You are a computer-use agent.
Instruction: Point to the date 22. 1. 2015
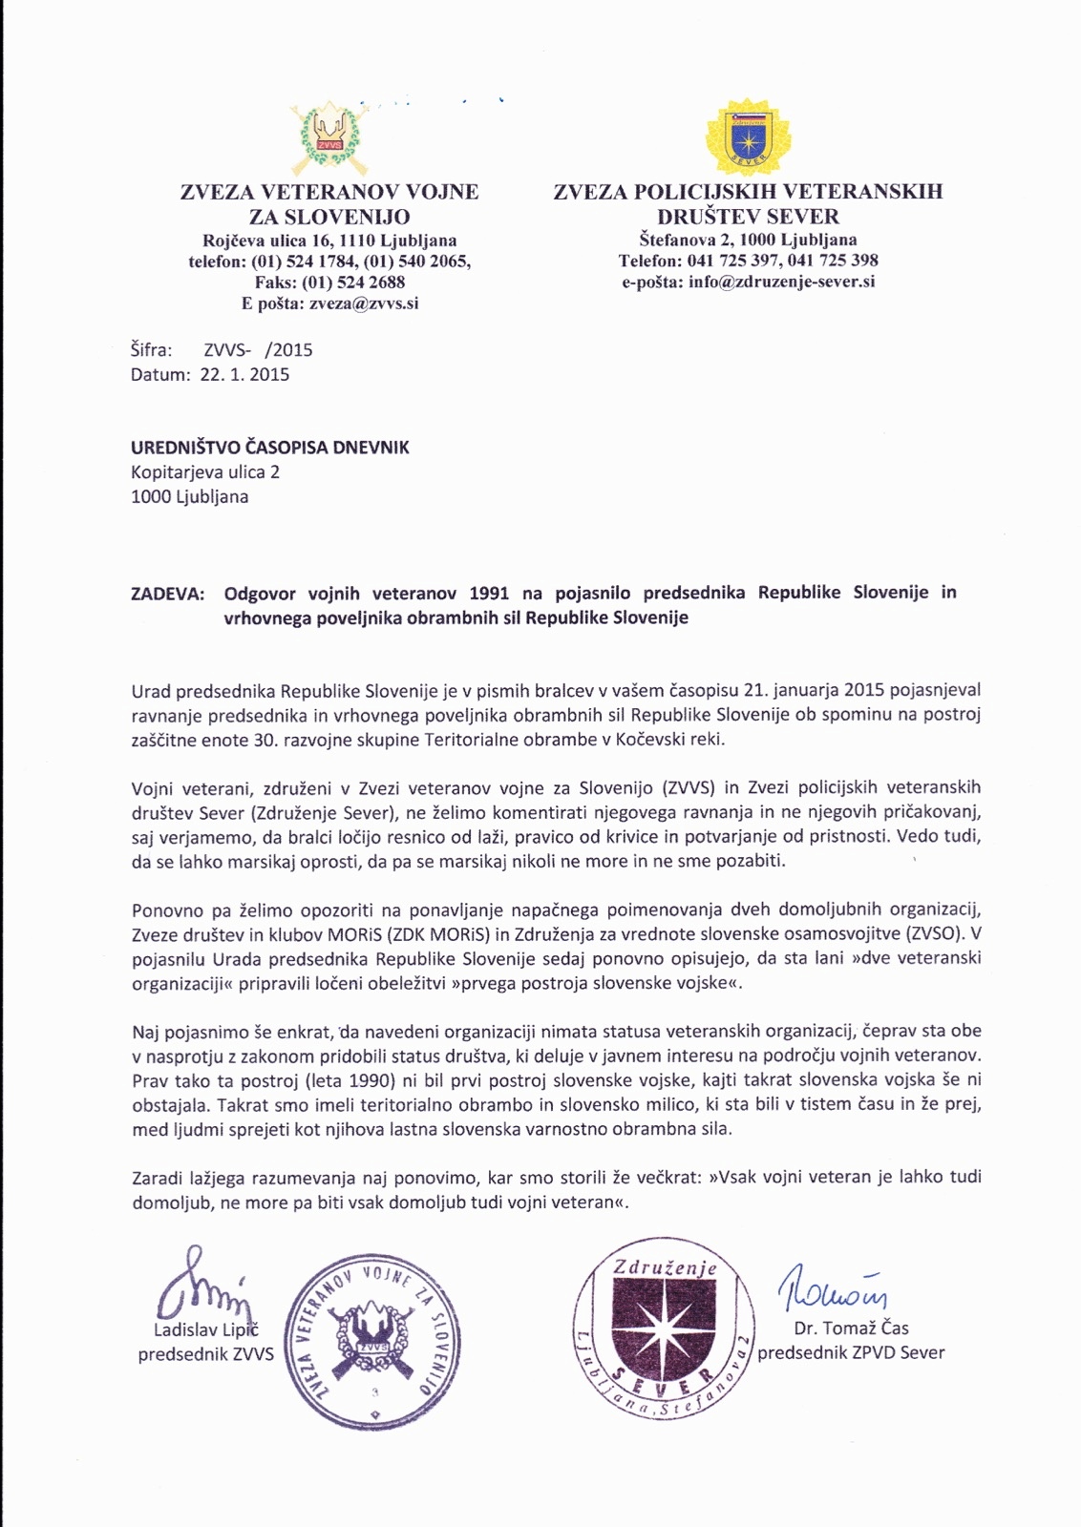tap(244, 374)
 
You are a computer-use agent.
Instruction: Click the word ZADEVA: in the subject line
tap(167, 593)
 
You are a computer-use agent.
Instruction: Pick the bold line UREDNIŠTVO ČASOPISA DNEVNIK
tap(270, 447)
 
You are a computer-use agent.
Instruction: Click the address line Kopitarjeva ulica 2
tap(205, 471)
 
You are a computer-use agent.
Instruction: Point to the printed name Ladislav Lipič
tap(206, 1330)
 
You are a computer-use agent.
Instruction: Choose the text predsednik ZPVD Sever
tap(851, 1352)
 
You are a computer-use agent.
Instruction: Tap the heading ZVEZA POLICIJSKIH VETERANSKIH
tap(748, 192)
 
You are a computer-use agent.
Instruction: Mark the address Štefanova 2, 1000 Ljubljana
tap(748, 240)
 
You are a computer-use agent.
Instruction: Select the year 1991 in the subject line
tap(488, 593)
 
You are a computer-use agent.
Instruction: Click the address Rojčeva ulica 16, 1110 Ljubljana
tap(329, 241)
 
